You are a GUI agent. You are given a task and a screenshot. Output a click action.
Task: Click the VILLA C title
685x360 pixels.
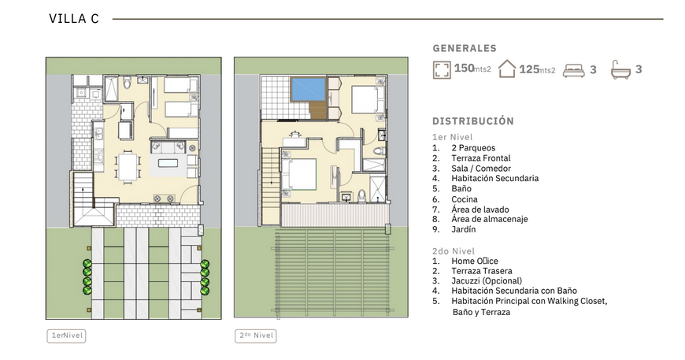coord(74,19)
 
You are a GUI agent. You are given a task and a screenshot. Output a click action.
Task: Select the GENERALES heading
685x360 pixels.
coord(465,48)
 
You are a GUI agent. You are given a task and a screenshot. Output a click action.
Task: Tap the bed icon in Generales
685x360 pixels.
coord(573,70)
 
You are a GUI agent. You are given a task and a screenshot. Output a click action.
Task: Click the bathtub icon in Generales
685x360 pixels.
coord(620,70)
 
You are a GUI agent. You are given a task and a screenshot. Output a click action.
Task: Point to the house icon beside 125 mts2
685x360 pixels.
coord(507,69)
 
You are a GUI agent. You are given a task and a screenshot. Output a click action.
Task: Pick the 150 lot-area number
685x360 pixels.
coord(464,69)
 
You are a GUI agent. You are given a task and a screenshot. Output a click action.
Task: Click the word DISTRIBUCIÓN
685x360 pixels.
coord(473,121)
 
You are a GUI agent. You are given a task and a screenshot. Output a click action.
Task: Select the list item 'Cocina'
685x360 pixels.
coord(465,199)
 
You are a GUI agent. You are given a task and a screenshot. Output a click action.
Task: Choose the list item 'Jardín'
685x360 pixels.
coord(464,229)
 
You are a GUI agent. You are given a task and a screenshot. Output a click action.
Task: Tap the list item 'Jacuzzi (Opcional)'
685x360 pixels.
coord(487,281)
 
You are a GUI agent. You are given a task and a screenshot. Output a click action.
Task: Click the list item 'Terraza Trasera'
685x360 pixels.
coord(482,271)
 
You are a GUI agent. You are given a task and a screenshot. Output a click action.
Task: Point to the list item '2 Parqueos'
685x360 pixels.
coord(473,148)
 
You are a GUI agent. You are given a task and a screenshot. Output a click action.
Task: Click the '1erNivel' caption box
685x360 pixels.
coord(66,336)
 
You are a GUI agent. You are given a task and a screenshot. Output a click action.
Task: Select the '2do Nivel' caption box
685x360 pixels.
coord(256,336)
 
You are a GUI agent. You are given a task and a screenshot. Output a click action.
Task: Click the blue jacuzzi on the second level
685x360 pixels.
coord(309,89)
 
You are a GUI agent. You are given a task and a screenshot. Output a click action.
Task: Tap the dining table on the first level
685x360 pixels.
coord(128,166)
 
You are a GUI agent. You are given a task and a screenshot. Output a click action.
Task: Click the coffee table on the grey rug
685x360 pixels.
coord(168,163)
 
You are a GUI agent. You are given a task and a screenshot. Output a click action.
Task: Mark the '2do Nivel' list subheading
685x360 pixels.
coord(453,251)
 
